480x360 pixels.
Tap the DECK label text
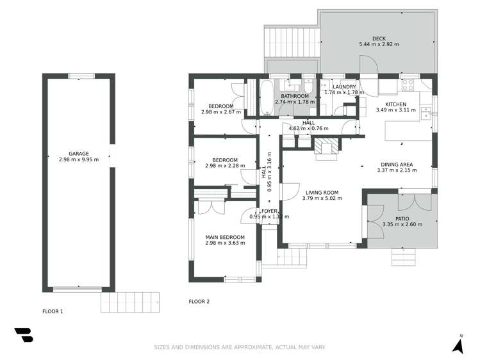click(x=378, y=38)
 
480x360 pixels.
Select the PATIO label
click(x=402, y=218)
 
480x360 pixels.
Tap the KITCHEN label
click(x=395, y=104)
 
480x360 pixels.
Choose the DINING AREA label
click(x=396, y=164)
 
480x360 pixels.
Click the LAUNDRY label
click(x=344, y=86)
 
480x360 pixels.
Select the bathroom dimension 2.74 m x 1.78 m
click(x=295, y=101)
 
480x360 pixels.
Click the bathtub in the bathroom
click(x=266, y=97)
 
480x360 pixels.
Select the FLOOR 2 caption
click(x=199, y=301)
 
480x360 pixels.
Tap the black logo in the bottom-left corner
click(x=23, y=335)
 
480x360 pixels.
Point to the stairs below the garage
click(x=131, y=301)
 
